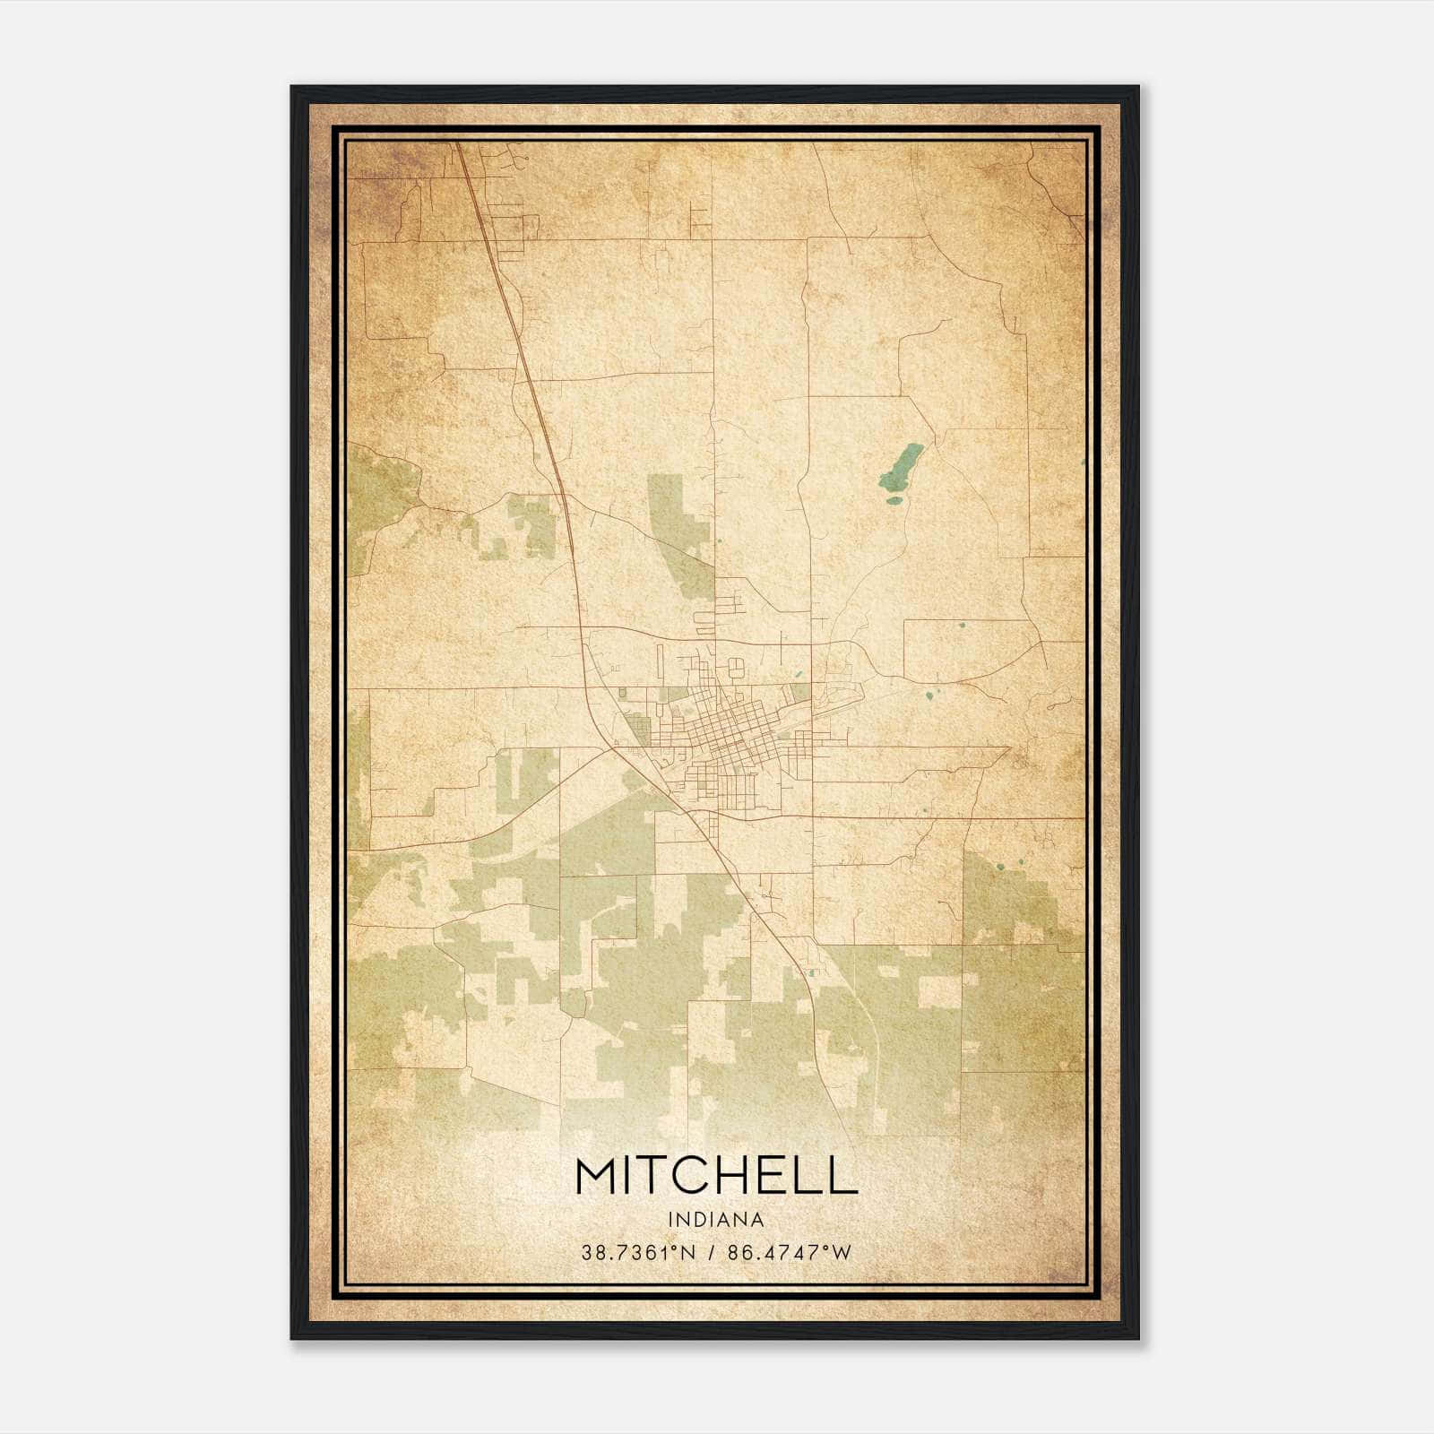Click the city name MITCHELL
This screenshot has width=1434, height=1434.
716,1175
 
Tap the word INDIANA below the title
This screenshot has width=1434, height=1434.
716,1220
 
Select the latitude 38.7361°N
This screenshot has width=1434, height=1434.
638,1253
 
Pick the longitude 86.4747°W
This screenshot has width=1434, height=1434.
789,1253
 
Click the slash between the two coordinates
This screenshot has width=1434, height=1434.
711,1253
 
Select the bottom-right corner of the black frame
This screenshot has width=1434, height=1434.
1137,1338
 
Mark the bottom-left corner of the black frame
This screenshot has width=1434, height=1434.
292,1338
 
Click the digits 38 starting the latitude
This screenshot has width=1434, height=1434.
592,1253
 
